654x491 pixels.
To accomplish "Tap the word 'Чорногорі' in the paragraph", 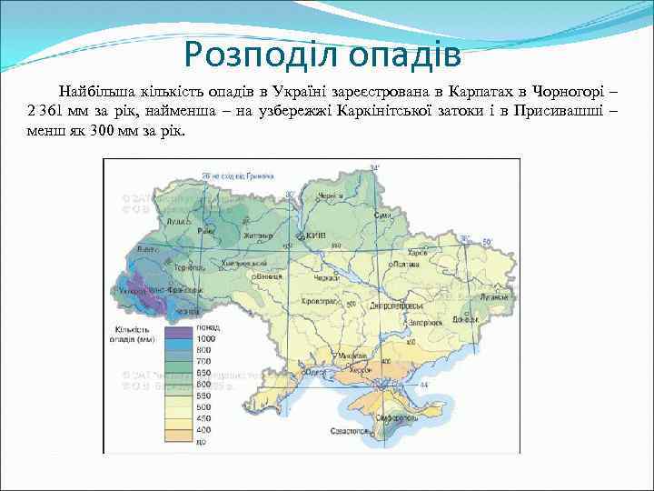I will [x=571, y=93].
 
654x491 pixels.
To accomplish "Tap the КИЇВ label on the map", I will [x=314, y=235].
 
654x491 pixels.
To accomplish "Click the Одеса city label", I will [x=314, y=371].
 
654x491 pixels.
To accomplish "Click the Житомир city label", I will [x=258, y=235].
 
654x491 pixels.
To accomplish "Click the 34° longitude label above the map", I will [x=373, y=168].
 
